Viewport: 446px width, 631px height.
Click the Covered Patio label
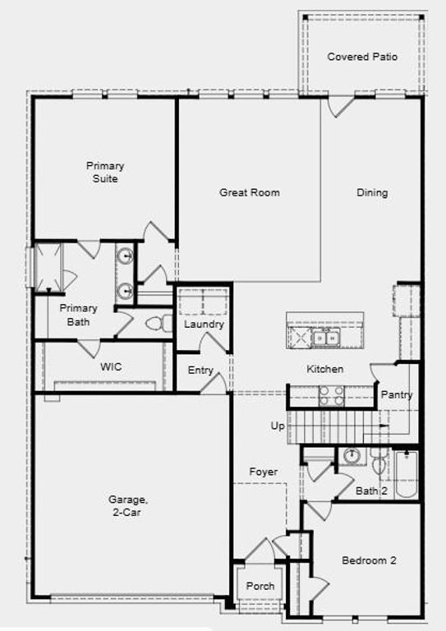[362, 57]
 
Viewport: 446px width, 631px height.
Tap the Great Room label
[249, 193]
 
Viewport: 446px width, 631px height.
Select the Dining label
[372, 193]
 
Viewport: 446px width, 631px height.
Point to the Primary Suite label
[105, 172]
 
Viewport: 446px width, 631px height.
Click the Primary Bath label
[78, 315]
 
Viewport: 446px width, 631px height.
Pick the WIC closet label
[111, 367]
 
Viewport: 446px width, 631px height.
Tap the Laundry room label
[204, 325]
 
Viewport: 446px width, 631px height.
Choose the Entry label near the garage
[200, 371]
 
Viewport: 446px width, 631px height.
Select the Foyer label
[264, 472]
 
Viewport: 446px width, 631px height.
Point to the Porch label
[260, 587]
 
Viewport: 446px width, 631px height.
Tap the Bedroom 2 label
[369, 560]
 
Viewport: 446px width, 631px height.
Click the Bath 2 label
[372, 491]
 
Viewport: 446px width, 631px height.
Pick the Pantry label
[396, 395]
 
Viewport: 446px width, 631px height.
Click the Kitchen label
[325, 369]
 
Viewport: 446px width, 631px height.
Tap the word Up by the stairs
[278, 426]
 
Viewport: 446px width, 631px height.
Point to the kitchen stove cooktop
[331, 395]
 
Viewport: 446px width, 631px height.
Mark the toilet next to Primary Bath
[157, 323]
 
